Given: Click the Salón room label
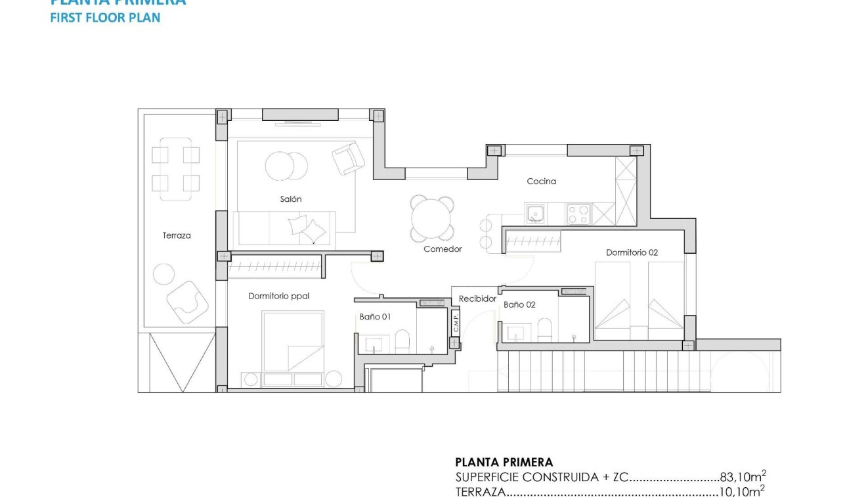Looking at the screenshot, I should click(x=291, y=199).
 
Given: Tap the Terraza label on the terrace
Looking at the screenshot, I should click(x=177, y=235).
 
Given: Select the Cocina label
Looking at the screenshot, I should click(x=541, y=181).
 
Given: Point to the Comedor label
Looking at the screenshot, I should click(x=443, y=249).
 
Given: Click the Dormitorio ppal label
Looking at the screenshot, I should click(x=278, y=296).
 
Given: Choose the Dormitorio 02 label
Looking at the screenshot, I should click(x=632, y=252).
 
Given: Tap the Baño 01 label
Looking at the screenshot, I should click(x=375, y=317).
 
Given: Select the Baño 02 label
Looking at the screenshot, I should click(x=520, y=305).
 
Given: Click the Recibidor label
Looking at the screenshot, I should click(x=477, y=298).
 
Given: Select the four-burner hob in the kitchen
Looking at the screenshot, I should click(x=578, y=215).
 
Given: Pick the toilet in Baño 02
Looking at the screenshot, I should click(x=544, y=329).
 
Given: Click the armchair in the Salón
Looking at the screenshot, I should click(x=348, y=158).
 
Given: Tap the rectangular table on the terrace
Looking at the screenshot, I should click(x=175, y=169).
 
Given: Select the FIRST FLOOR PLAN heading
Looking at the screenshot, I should click(x=105, y=18).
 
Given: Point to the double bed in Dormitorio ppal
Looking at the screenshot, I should click(x=293, y=342).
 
